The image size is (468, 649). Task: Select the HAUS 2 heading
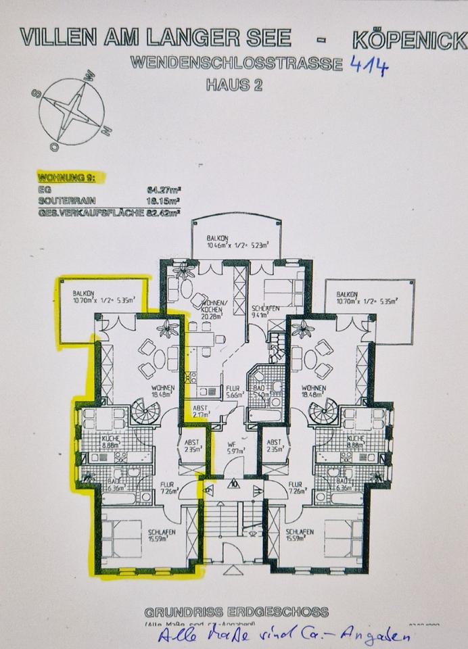tap(234, 85)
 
